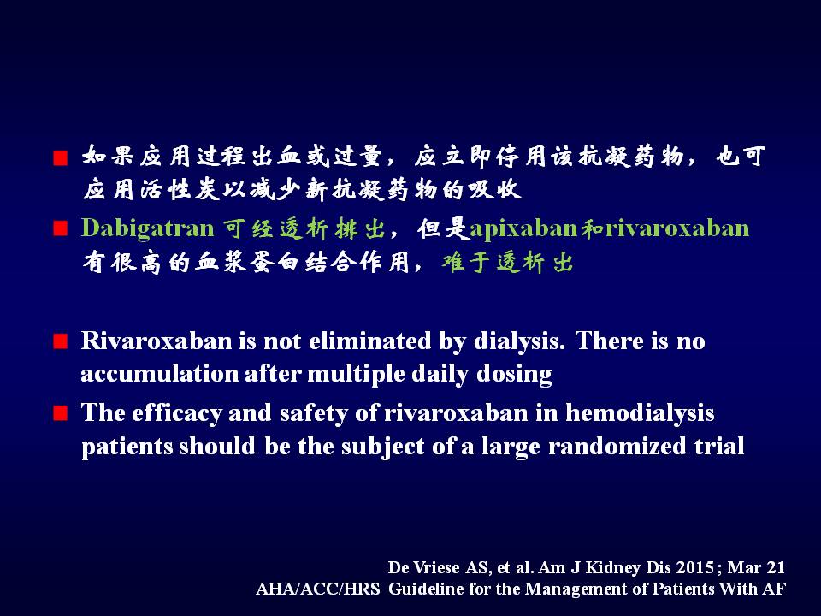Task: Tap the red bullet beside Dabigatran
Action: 61,229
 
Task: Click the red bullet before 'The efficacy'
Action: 61,413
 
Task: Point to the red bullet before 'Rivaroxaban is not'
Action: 61,341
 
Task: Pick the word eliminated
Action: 370,341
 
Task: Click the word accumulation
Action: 159,374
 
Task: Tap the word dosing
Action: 514,375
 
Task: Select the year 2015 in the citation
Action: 694,568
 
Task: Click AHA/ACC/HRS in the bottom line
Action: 318,589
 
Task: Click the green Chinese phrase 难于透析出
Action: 507,262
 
